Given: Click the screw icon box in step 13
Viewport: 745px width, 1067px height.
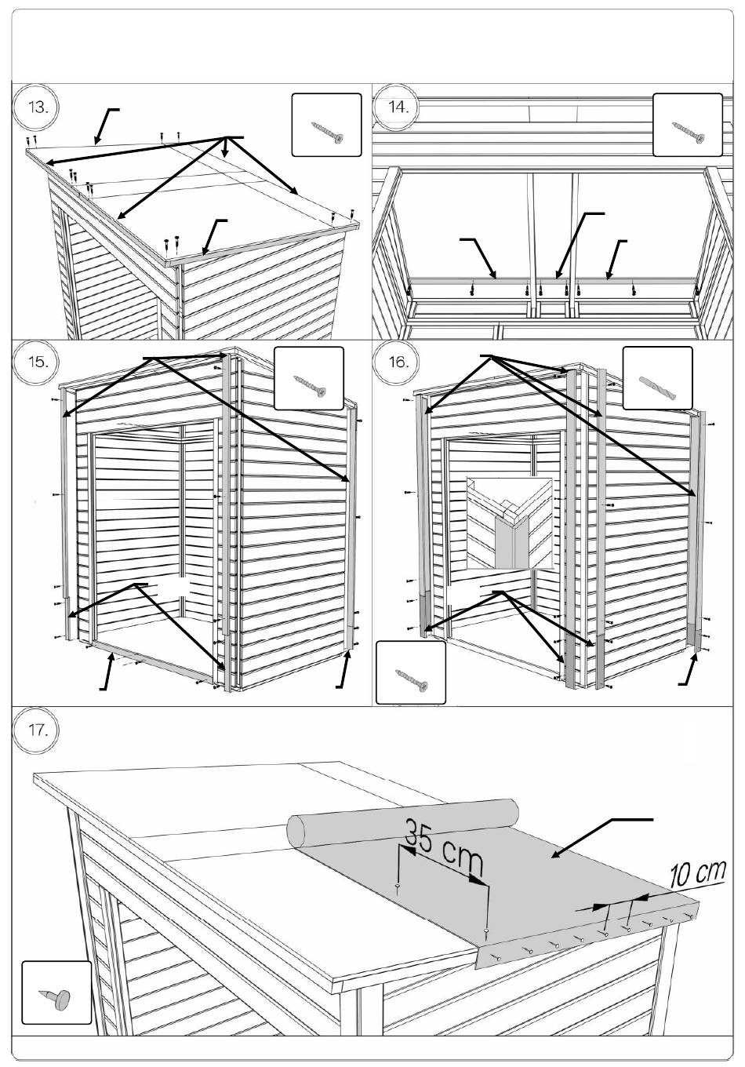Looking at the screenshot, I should (326, 125).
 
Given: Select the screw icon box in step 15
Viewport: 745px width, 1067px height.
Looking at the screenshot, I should (309, 378).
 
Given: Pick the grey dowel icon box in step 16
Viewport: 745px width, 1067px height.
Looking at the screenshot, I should (657, 378).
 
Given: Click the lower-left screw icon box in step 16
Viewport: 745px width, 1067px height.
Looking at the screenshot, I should (411, 672).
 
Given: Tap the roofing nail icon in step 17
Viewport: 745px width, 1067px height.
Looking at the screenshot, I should (56, 992).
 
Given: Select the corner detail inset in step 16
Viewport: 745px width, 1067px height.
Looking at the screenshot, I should (509, 523).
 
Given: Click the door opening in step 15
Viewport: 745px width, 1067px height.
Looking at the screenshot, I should (149, 533).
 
